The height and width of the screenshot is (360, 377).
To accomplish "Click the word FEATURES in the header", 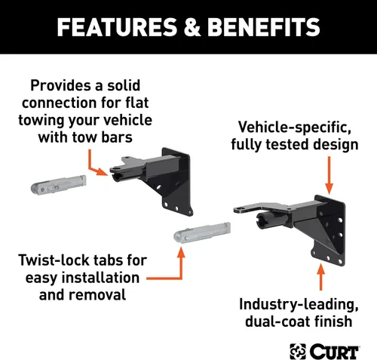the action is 117,27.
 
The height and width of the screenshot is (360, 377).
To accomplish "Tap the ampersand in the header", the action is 192,27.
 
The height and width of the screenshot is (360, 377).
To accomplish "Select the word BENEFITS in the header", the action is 264,27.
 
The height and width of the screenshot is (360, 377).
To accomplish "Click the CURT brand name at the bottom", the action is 335,351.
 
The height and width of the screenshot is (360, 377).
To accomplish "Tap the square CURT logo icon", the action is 298,352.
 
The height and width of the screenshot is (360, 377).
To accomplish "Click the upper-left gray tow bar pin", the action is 58,185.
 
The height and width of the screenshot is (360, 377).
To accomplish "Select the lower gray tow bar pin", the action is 202,232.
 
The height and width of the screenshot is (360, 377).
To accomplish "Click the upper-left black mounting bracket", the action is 153,180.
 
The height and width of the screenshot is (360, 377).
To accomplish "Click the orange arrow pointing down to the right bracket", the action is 329,175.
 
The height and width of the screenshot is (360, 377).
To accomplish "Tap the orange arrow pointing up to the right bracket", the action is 320,277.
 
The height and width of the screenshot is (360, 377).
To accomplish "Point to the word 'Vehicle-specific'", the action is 295,127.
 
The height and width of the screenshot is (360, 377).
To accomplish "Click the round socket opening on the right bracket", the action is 262,220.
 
